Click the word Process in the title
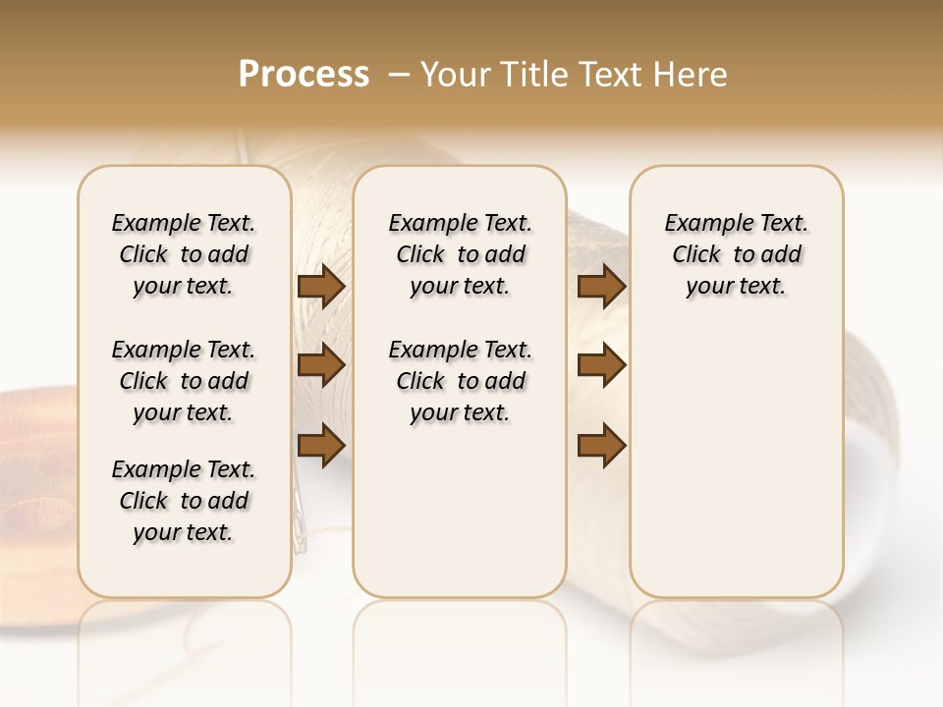(x=304, y=74)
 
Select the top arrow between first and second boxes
(x=321, y=286)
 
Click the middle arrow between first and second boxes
(x=321, y=365)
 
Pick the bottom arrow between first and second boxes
(x=321, y=445)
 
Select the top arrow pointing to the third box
(x=601, y=286)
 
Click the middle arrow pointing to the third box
(x=601, y=365)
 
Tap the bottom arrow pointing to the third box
(x=601, y=445)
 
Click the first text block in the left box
(x=184, y=254)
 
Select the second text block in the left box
(x=184, y=381)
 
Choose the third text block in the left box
(x=184, y=501)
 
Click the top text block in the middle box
(x=460, y=254)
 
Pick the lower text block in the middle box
(x=460, y=381)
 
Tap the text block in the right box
(x=736, y=254)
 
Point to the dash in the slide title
(x=399, y=75)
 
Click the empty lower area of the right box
(x=736, y=462)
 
